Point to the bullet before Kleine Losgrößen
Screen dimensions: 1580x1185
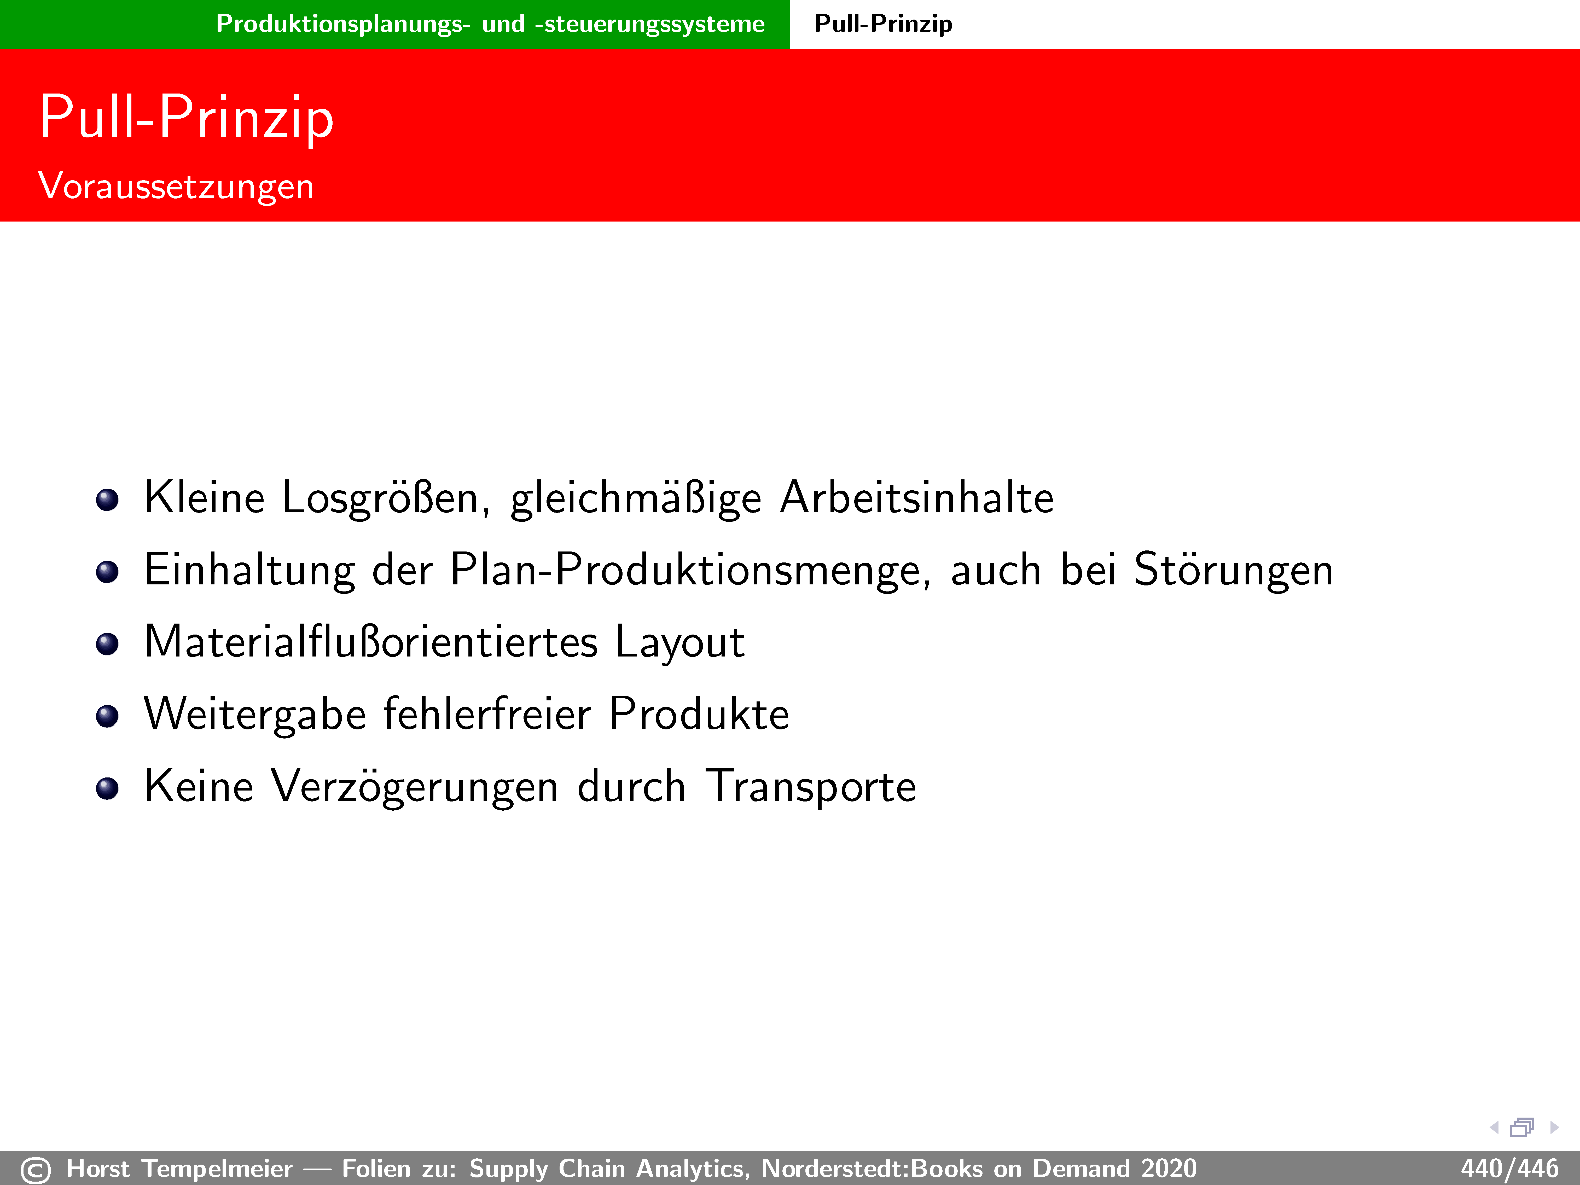tap(107, 500)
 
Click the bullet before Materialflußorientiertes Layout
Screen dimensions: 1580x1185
tap(107, 644)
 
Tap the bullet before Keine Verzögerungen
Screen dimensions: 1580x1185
tap(107, 789)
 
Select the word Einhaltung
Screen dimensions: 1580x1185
tap(249, 571)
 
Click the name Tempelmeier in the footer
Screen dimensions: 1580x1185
tap(217, 1169)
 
